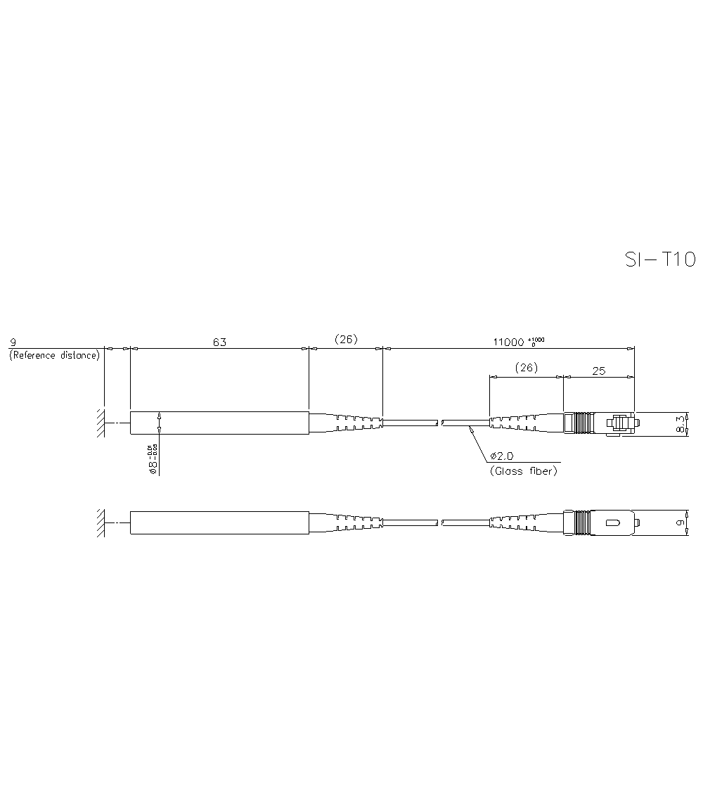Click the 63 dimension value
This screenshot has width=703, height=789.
pyautogui.click(x=219, y=342)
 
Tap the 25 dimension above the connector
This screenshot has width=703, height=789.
pyautogui.click(x=598, y=371)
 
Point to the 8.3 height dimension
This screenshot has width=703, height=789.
pyautogui.click(x=680, y=424)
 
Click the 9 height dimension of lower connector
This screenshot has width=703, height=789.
pyautogui.click(x=680, y=523)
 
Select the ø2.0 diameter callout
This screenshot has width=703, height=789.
pyautogui.click(x=501, y=456)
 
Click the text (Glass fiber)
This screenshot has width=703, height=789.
pyautogui.click(x=523, y=471)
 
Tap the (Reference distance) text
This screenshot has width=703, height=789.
pyautogui.click(x=54, y=356)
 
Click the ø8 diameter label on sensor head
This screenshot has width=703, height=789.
pyautogui.click(x=152, y=461)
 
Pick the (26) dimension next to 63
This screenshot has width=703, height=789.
pyautogui.click(x=345, y=339)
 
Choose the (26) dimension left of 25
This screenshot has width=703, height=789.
pyautogui.click(x=526, y=367)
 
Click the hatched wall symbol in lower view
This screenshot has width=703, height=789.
pyautogui.click(x=101, y=522)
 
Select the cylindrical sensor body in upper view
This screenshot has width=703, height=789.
pyautogui.click(x=219, y=423)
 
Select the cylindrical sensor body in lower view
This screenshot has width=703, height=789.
pyautogui.click(x=219, y=522)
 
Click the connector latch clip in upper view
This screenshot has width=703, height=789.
pyautogui.click(x=619, y=423)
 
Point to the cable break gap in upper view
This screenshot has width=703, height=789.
pyautogui.click(x=439, y=423)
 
